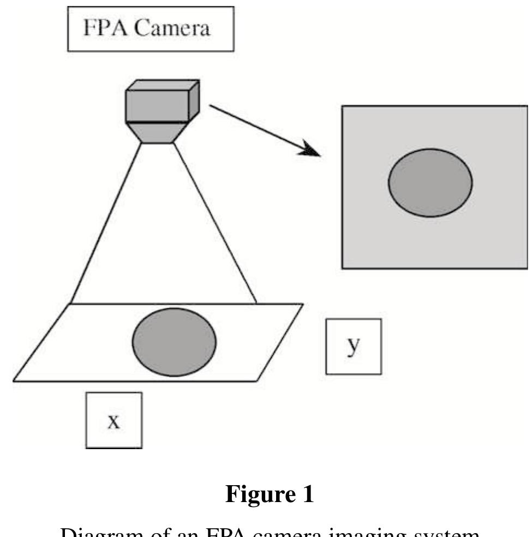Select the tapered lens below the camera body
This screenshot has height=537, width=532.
tap(158, 132)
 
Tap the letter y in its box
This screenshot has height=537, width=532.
tap(354, 348)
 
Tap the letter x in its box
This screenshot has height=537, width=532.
tap(113, 421)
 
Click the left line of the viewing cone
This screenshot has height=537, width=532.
tap(107, 224)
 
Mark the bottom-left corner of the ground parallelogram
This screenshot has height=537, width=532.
tap(14, 380)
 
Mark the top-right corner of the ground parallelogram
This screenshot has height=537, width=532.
tap(302, 304)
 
